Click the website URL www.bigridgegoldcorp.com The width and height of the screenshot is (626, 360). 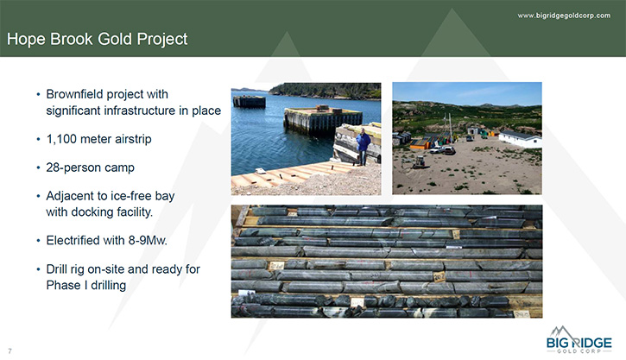tap(564, 16)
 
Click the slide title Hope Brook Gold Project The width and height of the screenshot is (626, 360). tap(97, 39)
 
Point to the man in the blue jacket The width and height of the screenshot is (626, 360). tap(363, 146)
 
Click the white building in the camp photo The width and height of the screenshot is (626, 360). tap(520, 138)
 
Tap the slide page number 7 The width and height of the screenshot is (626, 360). tap(10, 351)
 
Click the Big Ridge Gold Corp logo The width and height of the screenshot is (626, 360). tap(579, 339)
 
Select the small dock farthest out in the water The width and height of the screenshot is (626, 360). tap(250, 101)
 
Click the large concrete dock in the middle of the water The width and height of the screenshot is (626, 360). tap(323, 120)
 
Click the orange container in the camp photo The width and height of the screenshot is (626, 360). tap(419, 144)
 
